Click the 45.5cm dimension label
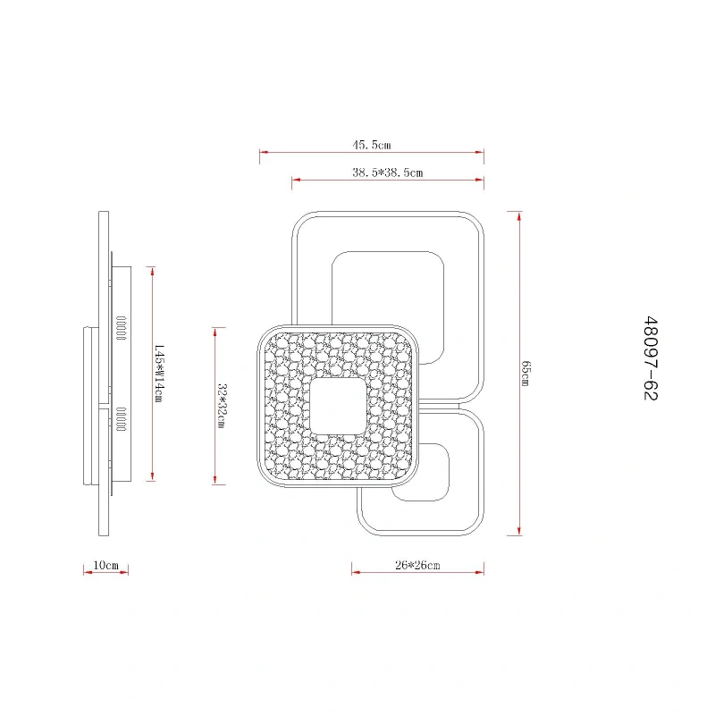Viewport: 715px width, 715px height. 371,145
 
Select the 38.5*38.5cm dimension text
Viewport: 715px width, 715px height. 387,172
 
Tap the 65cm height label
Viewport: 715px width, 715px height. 526,374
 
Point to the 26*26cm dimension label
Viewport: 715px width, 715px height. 417,565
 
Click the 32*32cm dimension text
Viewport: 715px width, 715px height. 221,406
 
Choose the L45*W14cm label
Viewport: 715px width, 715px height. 159,373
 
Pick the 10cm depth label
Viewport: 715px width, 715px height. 105,565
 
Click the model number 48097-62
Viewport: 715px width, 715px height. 651,358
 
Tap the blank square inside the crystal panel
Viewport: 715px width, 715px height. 338,407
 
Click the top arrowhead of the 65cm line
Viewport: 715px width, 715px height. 519,216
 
